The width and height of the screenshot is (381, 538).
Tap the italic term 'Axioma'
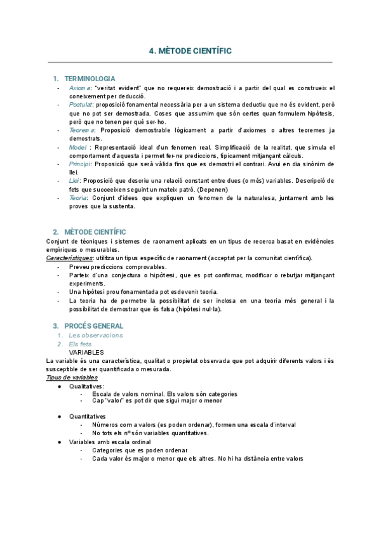tap(80, 88)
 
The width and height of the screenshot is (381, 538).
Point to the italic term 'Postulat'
tap(81, 104)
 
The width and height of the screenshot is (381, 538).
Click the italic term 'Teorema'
tap(81, 129)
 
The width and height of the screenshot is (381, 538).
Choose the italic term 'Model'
tap(78, 147)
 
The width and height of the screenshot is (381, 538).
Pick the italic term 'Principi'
tap(80, 164)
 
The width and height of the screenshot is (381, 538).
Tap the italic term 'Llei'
tap(74, 181)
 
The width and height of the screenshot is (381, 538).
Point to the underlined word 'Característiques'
tap(70, 258)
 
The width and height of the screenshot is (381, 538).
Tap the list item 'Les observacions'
tap(96, 335)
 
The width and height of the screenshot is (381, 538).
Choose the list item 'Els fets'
tap(81, 344)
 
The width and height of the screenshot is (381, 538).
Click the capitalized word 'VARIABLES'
tap(86, 352)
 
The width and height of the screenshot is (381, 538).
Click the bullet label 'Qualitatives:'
tap(87, 386)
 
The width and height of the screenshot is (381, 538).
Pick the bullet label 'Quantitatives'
tap(88, 416)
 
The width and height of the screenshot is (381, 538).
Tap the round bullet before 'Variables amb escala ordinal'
tap(58, 442)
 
